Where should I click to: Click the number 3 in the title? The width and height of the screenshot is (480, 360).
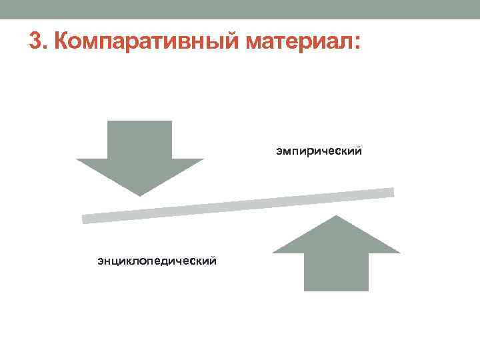[x=35, y=41]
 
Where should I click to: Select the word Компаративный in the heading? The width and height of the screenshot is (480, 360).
[x=146, y=41]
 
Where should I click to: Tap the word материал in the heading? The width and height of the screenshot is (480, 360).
[x=299, y=42]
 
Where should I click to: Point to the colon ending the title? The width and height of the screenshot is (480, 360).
[x=357, y=43]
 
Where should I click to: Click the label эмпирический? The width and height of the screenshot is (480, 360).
[x=319, y=151]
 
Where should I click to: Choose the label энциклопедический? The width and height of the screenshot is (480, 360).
[x=157, y=261]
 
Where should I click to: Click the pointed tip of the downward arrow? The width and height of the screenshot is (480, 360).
[x=140, y=196]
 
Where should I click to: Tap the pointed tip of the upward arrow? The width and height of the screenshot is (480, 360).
[x=336, y=215]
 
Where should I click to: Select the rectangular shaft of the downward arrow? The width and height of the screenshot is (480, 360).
[x=139, y=140]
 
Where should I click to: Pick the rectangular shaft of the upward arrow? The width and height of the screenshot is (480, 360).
[x=336, y=272]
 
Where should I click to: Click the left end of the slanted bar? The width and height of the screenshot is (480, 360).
[x=83, y=219]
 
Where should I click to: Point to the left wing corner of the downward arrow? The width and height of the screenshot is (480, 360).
[x=76, y=159]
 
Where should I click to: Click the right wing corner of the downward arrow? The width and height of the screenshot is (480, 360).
[x=203, y=159]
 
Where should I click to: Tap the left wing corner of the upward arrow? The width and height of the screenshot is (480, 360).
[x=273, y=253]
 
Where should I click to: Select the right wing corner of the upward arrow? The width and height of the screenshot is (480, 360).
[x=400, y=253]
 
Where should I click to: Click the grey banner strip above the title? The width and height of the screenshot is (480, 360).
[x=240, y=9]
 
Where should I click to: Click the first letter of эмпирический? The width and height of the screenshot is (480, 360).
[x=279, y=152]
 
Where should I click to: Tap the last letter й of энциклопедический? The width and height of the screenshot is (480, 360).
[x=213, y=261]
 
